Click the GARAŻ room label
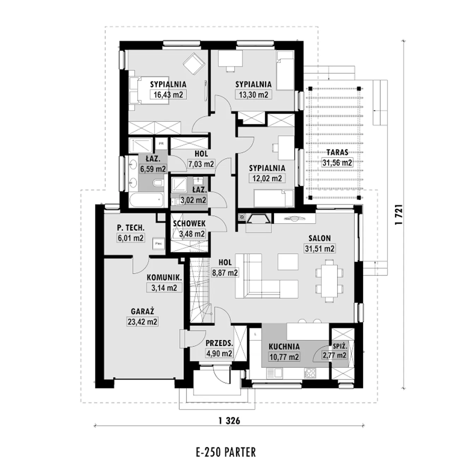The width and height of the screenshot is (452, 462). pyautogui.click(x=143, y=311)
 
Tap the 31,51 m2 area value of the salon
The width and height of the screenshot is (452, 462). pyautogui.click(x=320, y=248)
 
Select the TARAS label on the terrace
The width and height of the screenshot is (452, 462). pyautogui.click(x=337, y=152)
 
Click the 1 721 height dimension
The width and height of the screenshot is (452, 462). pyautogui.click(x=400, y=214)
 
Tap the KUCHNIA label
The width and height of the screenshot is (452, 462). pyautogui.click(x=284, y=346)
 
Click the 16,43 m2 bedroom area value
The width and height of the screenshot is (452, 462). pyautogui.click(x=168, y=95)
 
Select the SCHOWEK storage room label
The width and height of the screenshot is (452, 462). pyautogui.click(x=189, y=224)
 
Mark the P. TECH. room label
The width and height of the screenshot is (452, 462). pyautogui.click(x=131, y=228)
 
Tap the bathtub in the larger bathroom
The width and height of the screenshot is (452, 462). pyautogui.click(x=146, y=200)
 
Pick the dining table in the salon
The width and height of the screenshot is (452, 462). pyautogui.click(x=329, y=281)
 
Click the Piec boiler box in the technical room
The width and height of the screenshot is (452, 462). pyautogui.click(x=159, y=243)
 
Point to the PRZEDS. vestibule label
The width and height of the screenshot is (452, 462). pyautogui.click(x=219, y=343)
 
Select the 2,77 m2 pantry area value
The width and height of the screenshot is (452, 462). pyautogui.click(x=334, y=355)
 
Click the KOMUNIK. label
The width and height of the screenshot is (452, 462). pyautogui.click(x=164, y=277)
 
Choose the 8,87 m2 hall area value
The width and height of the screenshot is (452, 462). pyautogui.click(x=225, y=273)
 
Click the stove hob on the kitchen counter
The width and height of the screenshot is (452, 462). pyautogui.click(x=310, y=373)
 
